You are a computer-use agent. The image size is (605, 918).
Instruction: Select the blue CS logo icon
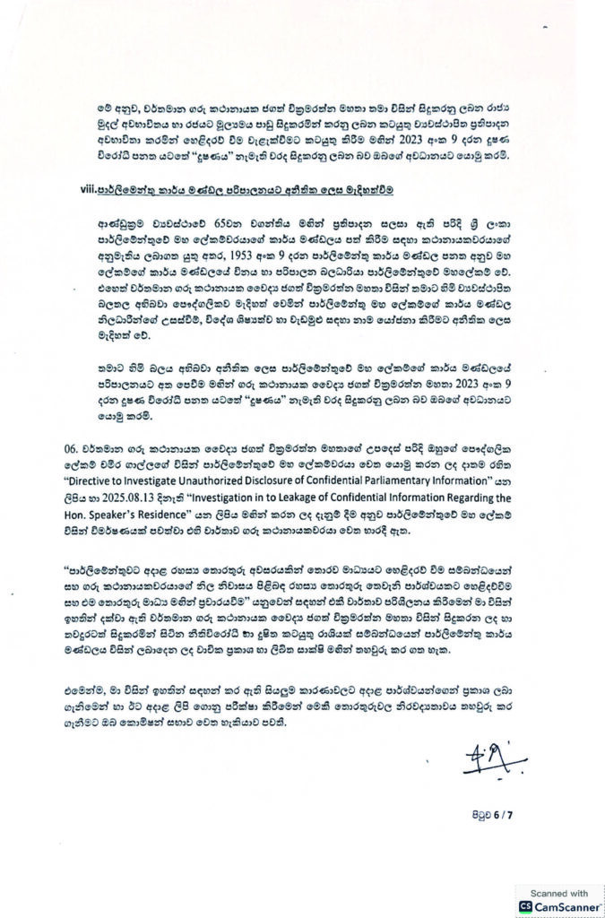(x=526, y=906)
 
